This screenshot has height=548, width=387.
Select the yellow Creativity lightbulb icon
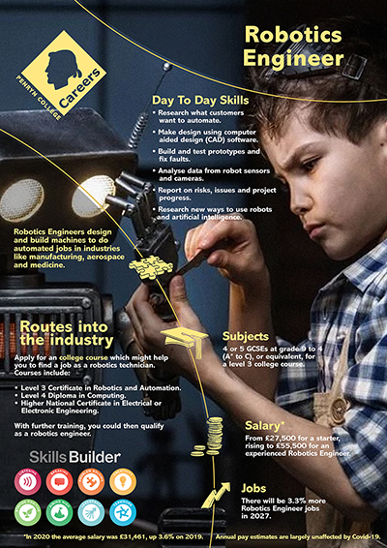(x=122, y=481)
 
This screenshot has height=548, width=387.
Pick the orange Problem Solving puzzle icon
(x=91, y=481)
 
